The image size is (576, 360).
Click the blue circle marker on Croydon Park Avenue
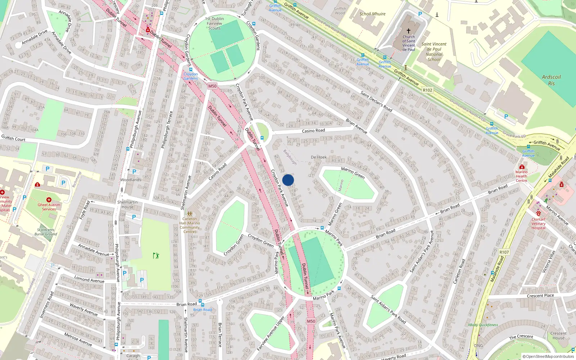point(288,180)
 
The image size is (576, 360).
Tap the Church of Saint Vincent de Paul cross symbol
point(409,31)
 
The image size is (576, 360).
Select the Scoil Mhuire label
point(372,14)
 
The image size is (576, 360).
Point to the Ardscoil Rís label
point(551,80)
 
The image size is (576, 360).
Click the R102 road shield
point(427,90)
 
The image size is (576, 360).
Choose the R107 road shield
point(504,252)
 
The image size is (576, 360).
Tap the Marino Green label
point(353,173)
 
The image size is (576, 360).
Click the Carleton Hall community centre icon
point(190,213)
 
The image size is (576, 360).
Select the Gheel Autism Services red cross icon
point(49,200)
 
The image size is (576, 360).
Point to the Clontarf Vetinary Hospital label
point(539,223)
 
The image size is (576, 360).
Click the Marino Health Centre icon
point(522,167)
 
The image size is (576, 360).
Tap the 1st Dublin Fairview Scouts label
point(215,23)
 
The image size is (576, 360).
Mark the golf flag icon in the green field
point(156,256)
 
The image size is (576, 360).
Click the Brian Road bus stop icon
point(202,305)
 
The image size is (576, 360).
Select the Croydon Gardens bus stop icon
point(190,69)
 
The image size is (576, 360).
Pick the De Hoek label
point(319,157)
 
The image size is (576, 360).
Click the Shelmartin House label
point(127,204)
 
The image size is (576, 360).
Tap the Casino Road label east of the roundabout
point(313,131)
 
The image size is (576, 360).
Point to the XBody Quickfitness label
point(483,325)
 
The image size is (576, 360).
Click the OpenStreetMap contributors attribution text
point(548,356)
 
